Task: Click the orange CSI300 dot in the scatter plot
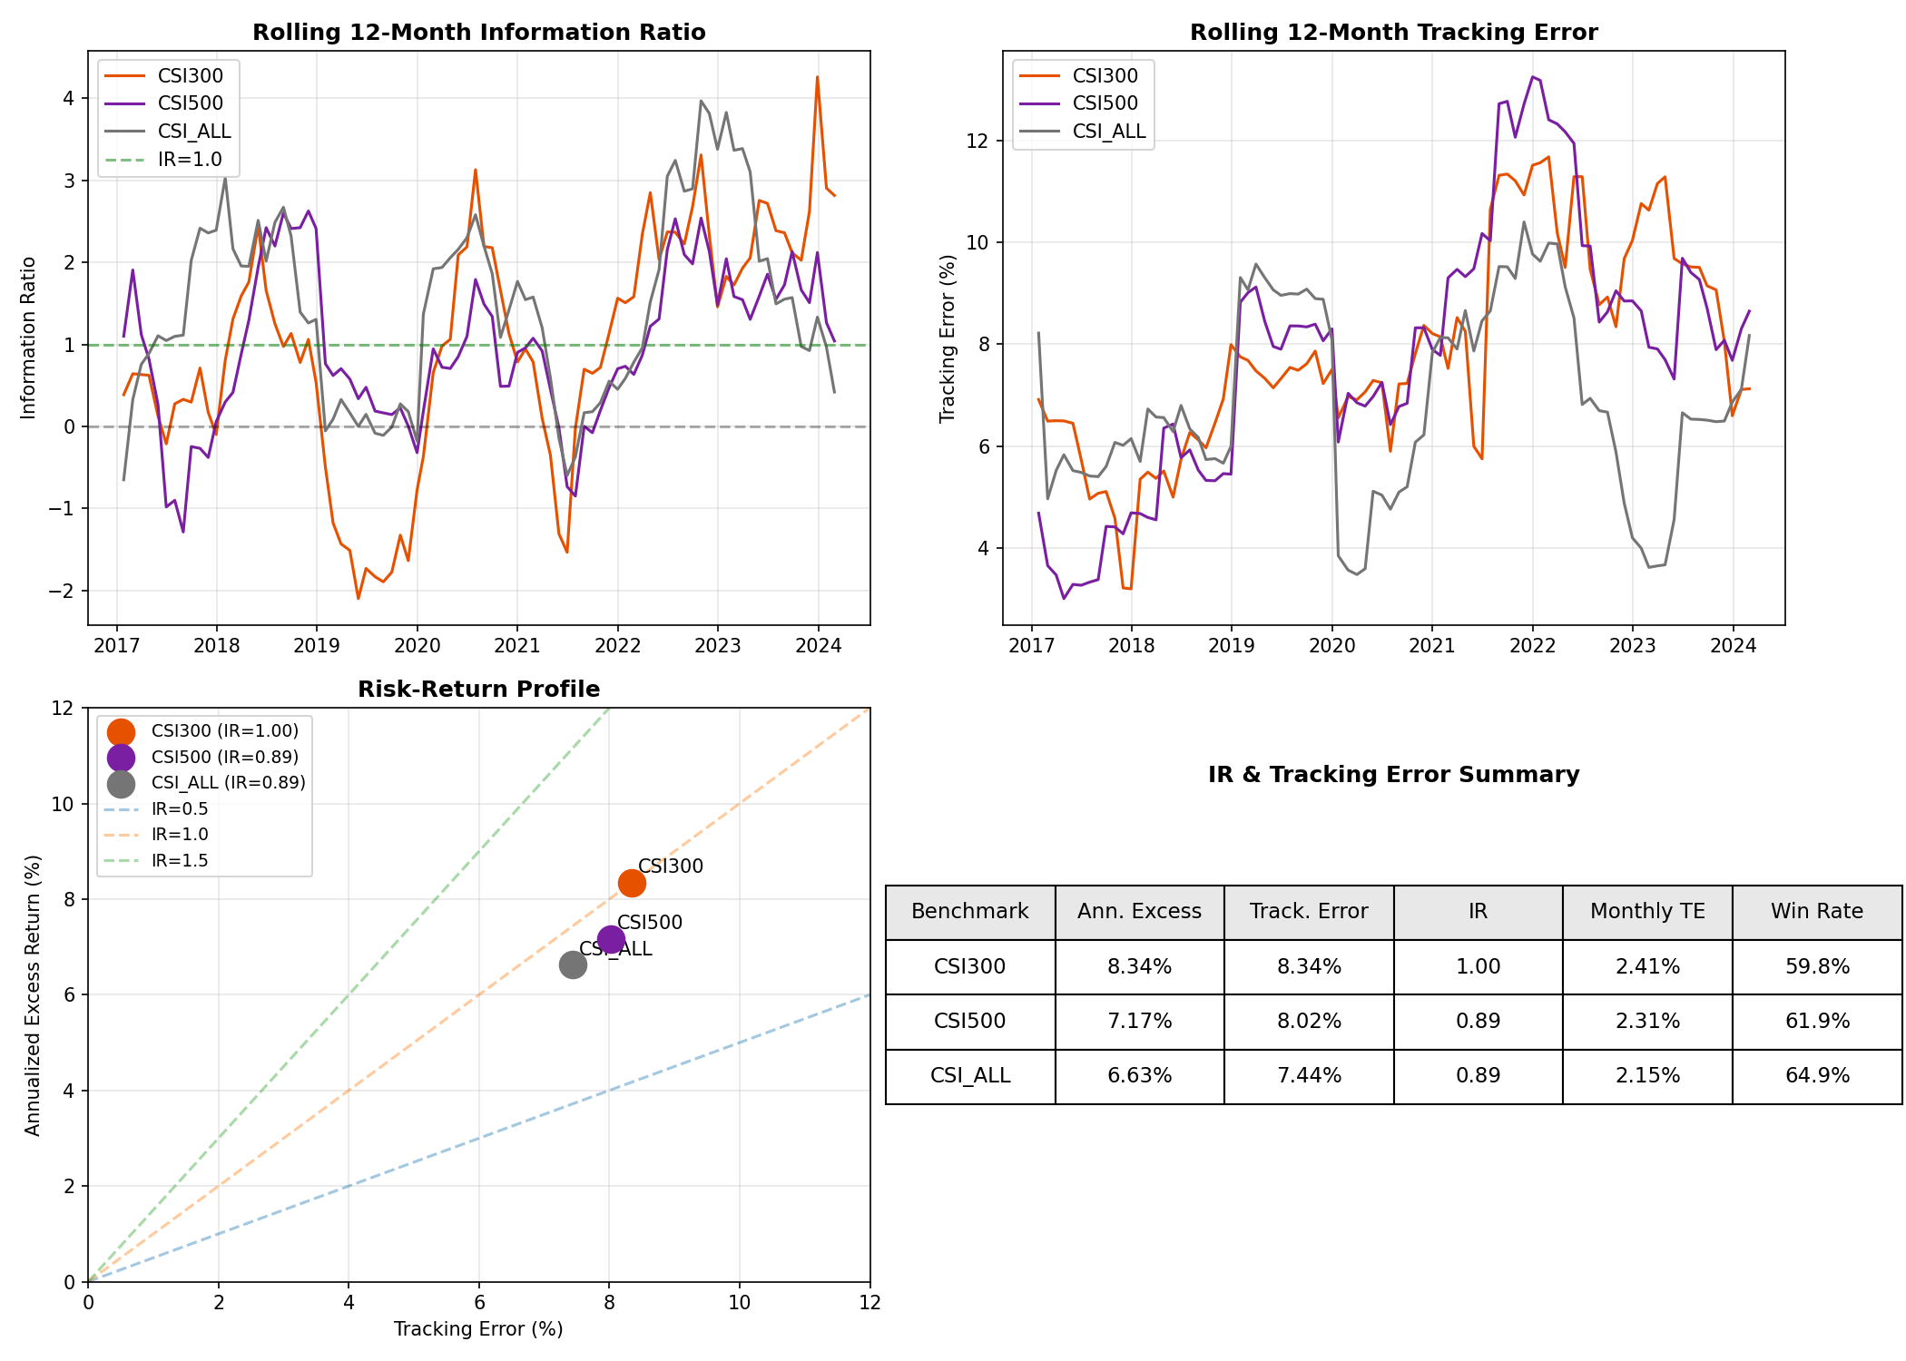(x=632, y=883)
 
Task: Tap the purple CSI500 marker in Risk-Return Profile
(x=611, y=939)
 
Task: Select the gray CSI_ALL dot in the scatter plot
(x=573, y=964)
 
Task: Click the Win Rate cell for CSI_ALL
(x=1816, y=1076)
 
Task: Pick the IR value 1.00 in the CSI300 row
(x=1478, y=967)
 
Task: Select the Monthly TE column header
(x=1646, y=912)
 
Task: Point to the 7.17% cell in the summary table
(x=1139, y=1022)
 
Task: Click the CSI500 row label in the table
(x=969, y=1022)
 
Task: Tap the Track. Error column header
(x=1308, y=912)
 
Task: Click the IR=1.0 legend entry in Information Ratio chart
(x=189, y=160)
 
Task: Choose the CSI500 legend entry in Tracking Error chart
(x=1105, y=103)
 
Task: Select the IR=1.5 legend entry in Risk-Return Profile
(x=179, y=861)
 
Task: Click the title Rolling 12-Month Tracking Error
(x=1393, y=33)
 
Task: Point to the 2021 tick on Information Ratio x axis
(x=516, y=646)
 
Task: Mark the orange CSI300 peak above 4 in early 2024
(x=817, y=77)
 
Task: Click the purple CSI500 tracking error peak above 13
(x=1532, y=77)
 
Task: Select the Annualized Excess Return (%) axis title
(x=34, y=994)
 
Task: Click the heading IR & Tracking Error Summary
(x=1393, y=775)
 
